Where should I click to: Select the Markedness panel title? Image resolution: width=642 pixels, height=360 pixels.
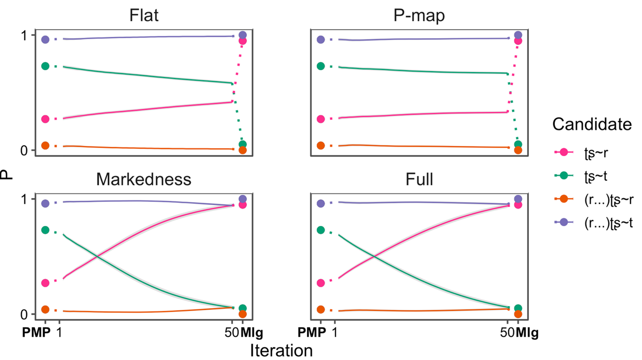(x=144, y=179)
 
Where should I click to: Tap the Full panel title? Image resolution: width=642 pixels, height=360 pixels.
(x=419, y=179)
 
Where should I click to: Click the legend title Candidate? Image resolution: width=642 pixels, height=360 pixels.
(x=593, y=124)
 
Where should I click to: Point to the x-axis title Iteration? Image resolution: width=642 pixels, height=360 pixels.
(x=281, y=350)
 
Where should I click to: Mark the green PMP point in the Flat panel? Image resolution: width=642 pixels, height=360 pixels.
(x=45, y=66)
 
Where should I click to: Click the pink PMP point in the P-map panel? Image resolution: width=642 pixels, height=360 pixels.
(x=321, y=119)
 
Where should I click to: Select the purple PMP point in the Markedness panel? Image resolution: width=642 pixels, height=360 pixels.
(x=45, y=203)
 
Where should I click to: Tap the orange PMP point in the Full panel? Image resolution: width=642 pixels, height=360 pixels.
(x=321, y=309)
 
